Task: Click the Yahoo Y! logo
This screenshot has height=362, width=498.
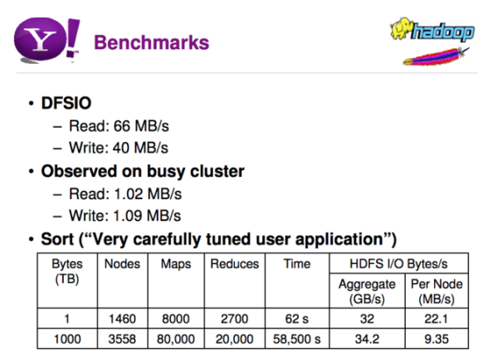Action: tap(46, 40)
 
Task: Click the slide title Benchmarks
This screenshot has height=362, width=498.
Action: tap(152, 42)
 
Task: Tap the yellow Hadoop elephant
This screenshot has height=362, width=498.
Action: tap(402, 28)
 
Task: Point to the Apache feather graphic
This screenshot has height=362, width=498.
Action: tap(436, 56)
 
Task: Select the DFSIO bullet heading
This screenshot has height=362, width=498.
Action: tap(66, 103)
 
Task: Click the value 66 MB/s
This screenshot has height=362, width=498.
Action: tap(141, 126)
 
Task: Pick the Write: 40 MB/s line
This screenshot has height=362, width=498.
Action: tap(119, 148)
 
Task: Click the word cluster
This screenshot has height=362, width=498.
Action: tap(217, 171)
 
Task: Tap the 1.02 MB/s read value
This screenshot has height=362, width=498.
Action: tap(148, 194)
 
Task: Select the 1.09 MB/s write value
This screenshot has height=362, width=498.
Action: tap(147, 216)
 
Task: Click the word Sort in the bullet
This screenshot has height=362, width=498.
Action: tap(57, 239)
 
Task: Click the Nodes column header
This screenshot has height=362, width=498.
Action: tap(122, 264)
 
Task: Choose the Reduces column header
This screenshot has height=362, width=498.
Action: tap(235, 264)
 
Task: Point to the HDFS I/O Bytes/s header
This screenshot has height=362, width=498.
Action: tap(398, 264)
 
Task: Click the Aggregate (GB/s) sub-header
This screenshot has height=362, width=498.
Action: tap(367, 291)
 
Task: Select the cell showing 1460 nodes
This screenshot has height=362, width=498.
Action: tap(122, 319)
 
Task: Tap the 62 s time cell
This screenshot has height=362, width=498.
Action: tap(296, 319)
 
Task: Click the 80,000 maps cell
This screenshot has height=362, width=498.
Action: tap(176, 339)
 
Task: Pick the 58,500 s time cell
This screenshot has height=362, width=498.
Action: tap(296, 339)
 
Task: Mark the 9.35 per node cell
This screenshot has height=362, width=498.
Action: tap(437, 339)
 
